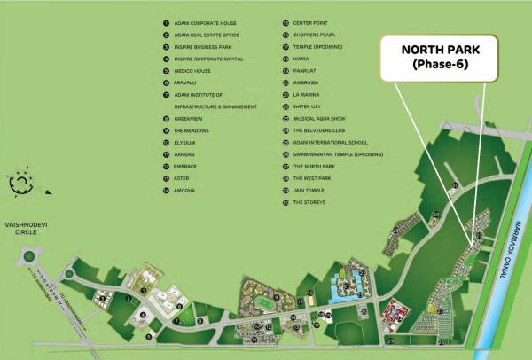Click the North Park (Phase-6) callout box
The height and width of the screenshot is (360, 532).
click(434, 56)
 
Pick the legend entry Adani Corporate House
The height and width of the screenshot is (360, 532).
click(203, 22)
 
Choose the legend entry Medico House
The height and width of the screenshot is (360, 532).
click(191, 70)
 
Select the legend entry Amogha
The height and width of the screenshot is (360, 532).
click(186, 191)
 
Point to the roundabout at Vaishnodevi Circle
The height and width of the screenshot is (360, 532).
click(28, 257)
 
